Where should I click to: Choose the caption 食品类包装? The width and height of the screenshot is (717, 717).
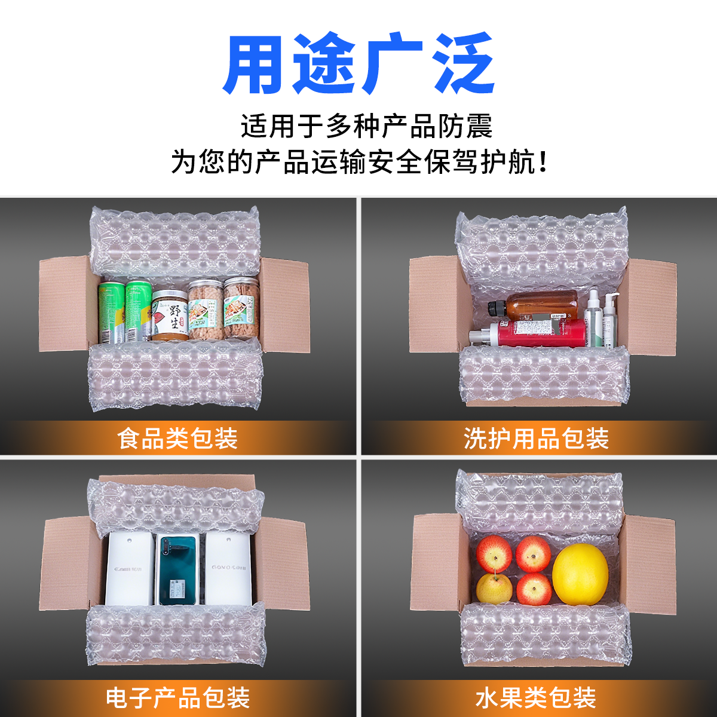click(x=177, y=439)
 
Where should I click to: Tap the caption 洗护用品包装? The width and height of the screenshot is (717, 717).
click(x=536, y=439)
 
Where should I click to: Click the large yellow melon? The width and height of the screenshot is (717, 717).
click(x=580, y=574)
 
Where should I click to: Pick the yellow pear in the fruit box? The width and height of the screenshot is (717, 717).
click(x=494, y=589)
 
